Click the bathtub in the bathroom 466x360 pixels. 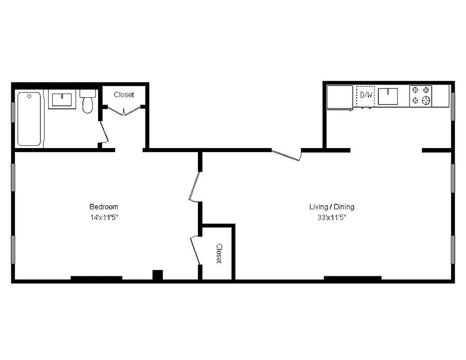pyautogui.click(x=29, y=119)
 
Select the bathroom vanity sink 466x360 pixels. pyautogui.click(x=62, y=99)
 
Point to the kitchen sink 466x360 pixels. pyautogui.click(x=388, y=96)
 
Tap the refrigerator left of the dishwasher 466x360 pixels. pyautogui.click(x=340, y=97)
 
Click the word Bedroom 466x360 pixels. pyautogui.click(x=104, y=207)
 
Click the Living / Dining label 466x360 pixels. pyautogui.click(x=332, y=207)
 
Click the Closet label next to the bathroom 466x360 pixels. pyautogui.click(x=124, y=94)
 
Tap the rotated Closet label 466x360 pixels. pyautogui.click(x=219, y=253)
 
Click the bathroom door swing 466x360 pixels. pyautogui.click(x=105, y=131)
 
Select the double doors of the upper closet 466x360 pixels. pyautogui.click(x=124, y=110)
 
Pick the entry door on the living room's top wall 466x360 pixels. pyautogui.click(x=287, y=155)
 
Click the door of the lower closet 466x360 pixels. pyautogui.click(x=196, y=250)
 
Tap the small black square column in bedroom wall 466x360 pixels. pyautogui.click(x=157, y=274)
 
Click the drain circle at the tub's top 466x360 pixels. pyautogui.click(x=29, y=96)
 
